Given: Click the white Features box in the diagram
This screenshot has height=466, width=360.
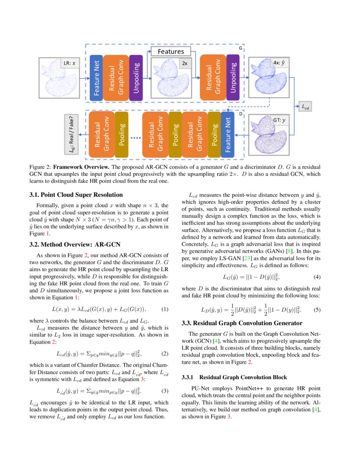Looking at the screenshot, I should pyautogui.click(x=171, y=51).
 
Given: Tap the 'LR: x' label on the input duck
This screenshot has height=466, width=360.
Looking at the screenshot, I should pyautogui.click(x=69, y=64).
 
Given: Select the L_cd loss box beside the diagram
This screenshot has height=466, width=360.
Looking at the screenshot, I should pyautogui.click(x=304, y=108).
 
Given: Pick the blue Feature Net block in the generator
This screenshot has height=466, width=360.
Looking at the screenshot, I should pyautogui.click(x=96, y=78).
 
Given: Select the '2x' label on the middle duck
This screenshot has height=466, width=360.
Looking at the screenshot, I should pyautogui.click(x=185, y=64).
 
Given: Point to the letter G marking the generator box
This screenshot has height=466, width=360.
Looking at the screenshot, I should pyautogui.click(x=241, y=48).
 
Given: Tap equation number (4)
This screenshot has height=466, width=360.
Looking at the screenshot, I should pyautogui.click(x=317, y=277).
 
